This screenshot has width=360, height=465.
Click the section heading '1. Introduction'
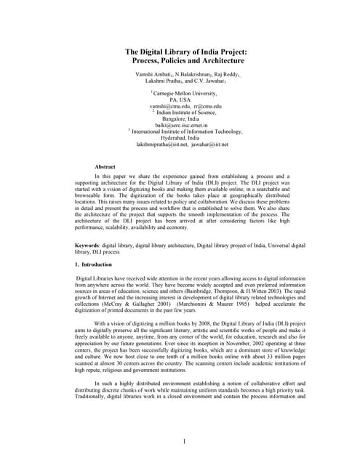click(95, 264)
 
